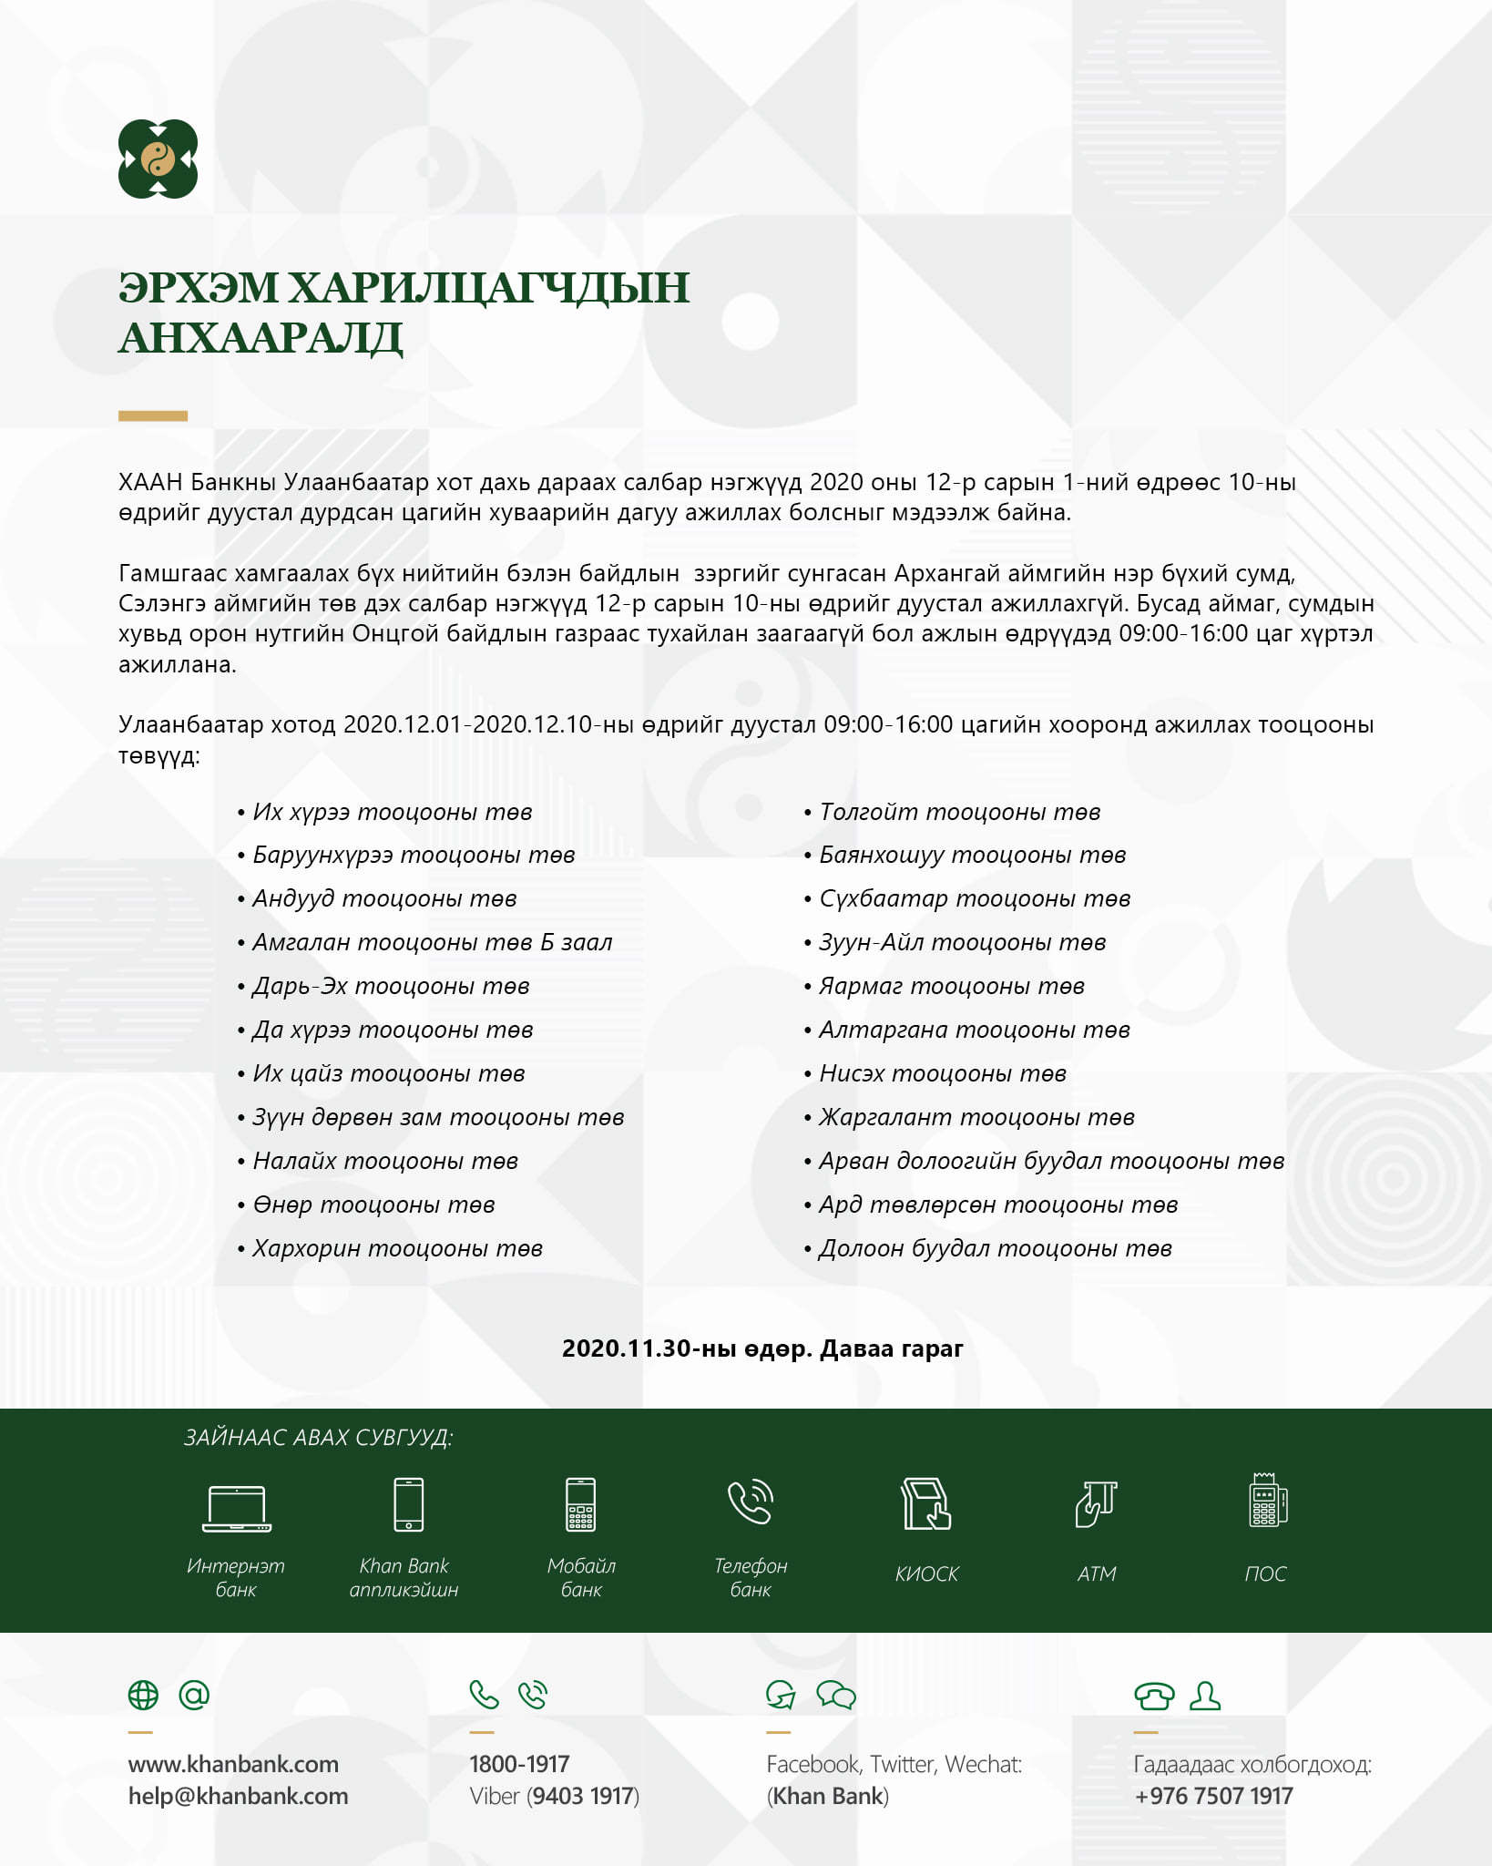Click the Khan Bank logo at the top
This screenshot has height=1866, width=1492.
click(158, 159)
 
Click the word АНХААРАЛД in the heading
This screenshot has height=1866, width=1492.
click(261, 338)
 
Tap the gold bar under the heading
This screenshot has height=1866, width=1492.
click(153, 415)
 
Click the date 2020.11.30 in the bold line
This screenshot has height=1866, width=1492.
click(627, 1348)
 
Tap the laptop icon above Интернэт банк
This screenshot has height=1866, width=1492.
click(237, 1507)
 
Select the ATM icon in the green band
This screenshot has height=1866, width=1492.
click(1096, 1503)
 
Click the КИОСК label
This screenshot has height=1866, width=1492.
click(926, 1574)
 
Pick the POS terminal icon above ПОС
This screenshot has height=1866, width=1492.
click(1267, 1502)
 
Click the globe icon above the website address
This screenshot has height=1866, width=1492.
click(143, 1695)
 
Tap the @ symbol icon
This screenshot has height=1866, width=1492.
click(194, 1695)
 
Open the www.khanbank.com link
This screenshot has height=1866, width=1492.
click(233, 1764)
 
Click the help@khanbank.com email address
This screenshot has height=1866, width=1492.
click(238, 1796)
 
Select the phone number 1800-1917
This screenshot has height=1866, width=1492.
click(519, 1764)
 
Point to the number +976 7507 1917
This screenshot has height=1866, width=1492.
click(1213, 1796)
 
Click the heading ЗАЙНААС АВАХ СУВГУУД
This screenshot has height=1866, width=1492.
click(318, 1438)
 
